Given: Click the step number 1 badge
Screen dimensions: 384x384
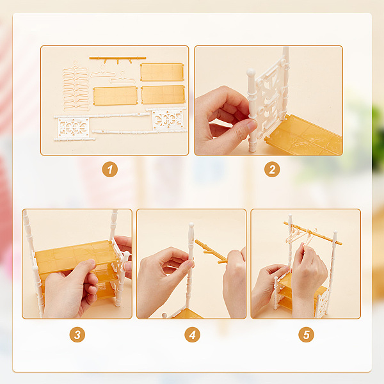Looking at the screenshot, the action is (x=109, y=169).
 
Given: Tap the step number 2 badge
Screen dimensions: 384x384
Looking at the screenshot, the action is (x=272, y=169).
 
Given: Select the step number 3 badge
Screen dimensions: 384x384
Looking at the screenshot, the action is (x=77, y=335).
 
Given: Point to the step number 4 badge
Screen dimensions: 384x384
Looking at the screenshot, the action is (x=192, y=335).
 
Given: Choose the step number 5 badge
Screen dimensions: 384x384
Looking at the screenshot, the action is (x=306, y=335).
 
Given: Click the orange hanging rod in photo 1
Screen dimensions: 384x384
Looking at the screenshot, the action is (x=118, y=58).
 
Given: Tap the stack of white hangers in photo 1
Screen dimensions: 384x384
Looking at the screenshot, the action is (x=76, y=86).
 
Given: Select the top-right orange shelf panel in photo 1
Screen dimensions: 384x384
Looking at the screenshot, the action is (x=162, y=72).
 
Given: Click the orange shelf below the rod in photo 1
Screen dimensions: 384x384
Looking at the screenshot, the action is (x=115, y=96).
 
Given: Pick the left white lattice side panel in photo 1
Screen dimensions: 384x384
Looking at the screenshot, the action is (x=74, y=127).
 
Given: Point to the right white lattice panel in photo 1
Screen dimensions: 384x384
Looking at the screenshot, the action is (x=168, y=119).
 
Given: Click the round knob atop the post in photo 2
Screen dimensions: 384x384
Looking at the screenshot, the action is (x=251, y=73).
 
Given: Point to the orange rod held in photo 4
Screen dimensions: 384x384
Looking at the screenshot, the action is (x=211, y=251).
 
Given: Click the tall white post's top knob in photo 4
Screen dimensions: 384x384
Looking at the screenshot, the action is (x=191, y=225).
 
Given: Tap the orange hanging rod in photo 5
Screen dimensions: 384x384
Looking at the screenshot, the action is (x=313, y=233).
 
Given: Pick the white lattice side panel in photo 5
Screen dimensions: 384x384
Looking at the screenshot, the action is (x=321, y=303).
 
